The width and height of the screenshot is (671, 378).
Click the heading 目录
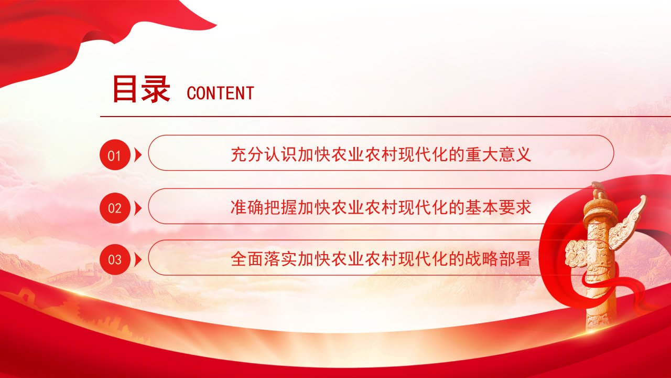142,89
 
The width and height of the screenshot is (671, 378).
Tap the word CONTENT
221,93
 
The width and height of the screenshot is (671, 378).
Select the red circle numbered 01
115,155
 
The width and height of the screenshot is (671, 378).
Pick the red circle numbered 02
115,208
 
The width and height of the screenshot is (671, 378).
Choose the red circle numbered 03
115,259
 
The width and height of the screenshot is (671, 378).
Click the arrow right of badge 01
137,155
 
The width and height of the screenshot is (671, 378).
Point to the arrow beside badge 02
137,208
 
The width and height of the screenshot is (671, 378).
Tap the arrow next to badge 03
137,259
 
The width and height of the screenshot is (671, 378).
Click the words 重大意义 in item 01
498,154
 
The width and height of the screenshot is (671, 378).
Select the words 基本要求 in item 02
498,207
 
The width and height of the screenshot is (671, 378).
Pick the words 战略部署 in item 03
498,259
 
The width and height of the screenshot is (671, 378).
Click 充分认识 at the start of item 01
264,154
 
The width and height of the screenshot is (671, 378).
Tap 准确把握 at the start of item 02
264,207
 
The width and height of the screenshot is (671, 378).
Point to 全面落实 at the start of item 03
264,259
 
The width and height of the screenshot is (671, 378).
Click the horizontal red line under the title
385,116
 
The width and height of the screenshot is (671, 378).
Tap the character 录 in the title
156,89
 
